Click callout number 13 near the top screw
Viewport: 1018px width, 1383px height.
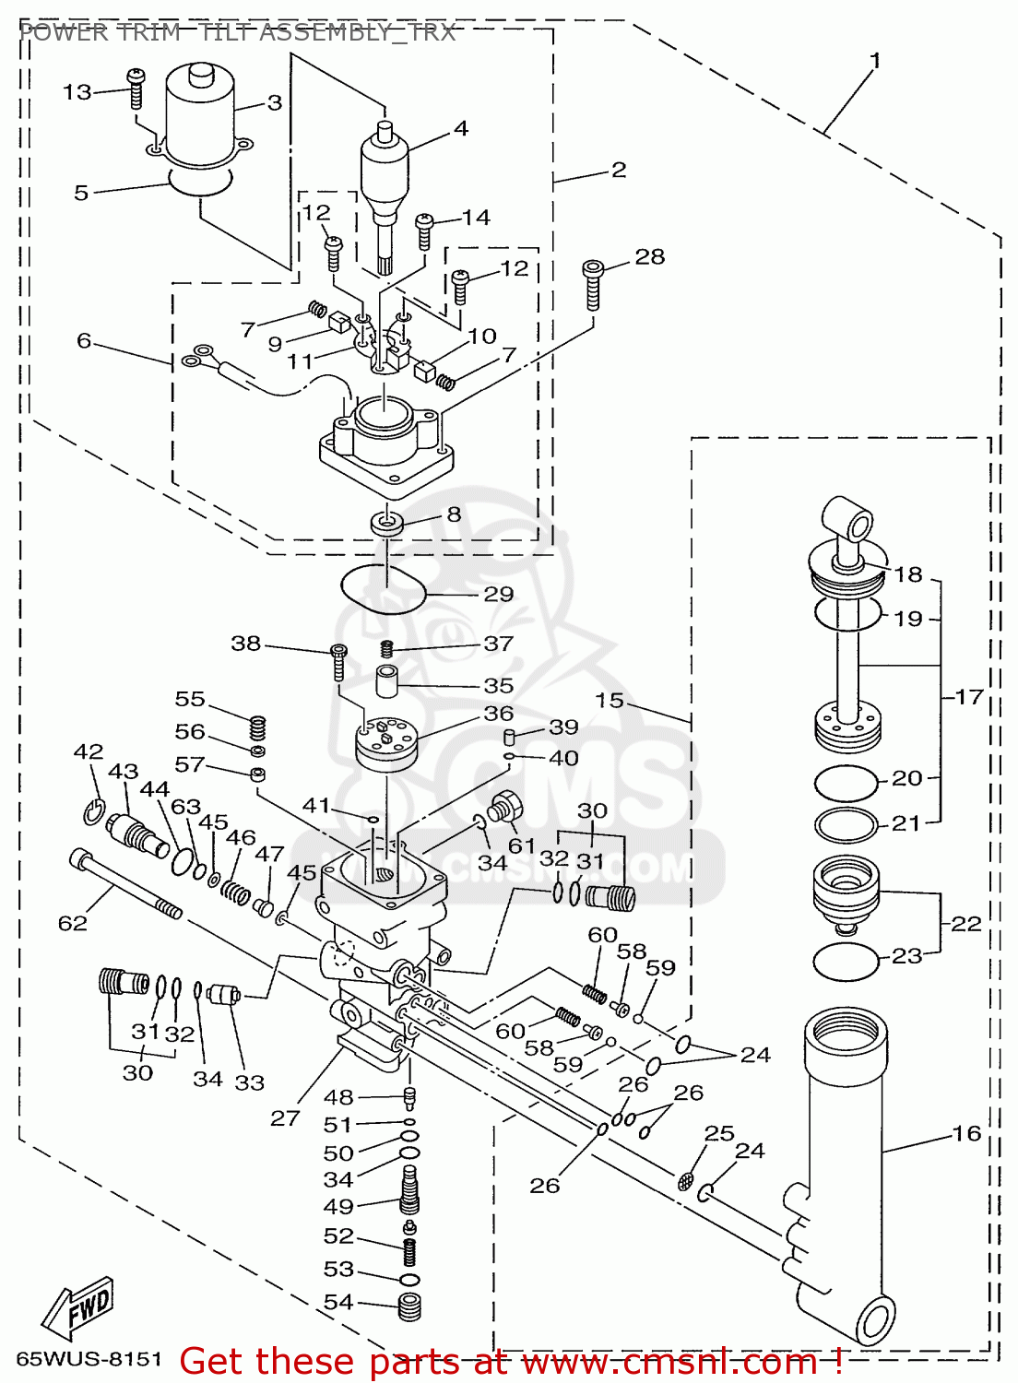pos(77,92)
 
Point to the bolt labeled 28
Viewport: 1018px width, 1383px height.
pos(593,285)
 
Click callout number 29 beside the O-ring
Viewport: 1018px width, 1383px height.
pos(498,595)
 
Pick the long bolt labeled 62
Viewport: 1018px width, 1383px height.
pos(124,885)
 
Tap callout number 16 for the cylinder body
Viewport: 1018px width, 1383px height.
pos(966,1133)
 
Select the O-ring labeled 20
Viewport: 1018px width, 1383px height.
pos(846,784)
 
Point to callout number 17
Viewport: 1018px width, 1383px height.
pos(969,697)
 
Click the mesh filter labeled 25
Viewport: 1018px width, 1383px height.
pos(686,1180)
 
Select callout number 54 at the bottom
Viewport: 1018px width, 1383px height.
pos(338,1302)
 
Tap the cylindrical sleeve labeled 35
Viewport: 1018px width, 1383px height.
pos(386,683)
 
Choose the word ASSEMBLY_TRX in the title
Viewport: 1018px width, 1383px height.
pos(357,33)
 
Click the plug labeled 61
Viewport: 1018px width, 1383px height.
pos(505,806)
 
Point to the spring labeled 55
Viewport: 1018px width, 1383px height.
pos(259,727)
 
